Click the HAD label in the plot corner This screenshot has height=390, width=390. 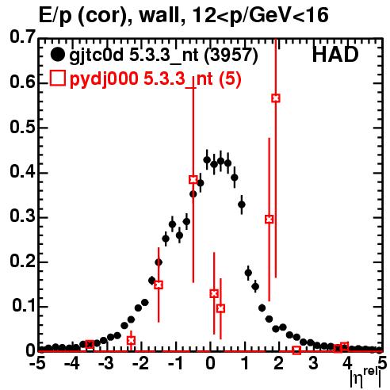pos(335,55)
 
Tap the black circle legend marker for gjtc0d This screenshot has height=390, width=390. pos(57,55)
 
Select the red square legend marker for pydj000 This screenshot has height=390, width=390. pos(57,78)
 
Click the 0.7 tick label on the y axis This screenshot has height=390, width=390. pos(22,36)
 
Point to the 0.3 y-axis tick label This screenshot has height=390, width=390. pos(22,216)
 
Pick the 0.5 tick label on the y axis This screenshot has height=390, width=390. pos(22,127)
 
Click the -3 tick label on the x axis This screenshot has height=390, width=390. pos(106,363)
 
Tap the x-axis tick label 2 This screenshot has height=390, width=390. pos(278,363)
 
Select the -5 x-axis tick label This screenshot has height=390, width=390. pos(37,363)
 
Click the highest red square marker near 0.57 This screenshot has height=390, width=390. pos(276,98)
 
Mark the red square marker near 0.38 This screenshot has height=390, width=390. pos(193,180)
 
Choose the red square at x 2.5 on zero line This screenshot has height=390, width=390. pos(296,350)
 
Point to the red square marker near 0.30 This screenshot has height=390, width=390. pos(270,219)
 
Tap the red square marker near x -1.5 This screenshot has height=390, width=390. pos(159,285)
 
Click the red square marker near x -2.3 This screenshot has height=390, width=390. pos(131,340)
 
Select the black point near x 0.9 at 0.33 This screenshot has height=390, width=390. pos(242,205)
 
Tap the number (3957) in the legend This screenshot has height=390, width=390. pos(231,55)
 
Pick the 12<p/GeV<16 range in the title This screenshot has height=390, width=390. pos(261,16)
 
